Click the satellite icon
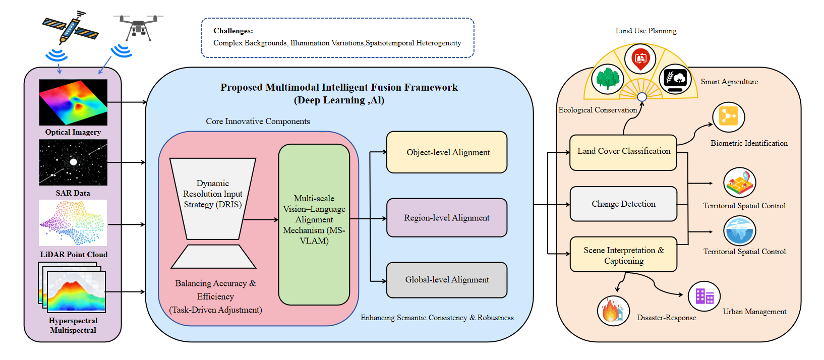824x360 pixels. click(x=70, y=27)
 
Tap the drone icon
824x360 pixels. click(x=138, y=27)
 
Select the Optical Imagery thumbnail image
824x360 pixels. click(x=73, y=102)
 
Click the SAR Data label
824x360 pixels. click(x=73, y=193)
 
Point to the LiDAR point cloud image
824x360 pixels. click(x=73, y=223)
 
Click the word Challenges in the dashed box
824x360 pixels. click(x=233, y=31)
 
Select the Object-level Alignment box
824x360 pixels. click(x=447, y=152)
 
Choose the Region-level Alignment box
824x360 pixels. click(x=447, y=218)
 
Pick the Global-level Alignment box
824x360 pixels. click(x=447, y=280)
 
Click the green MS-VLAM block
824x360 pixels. click(x=314, y=224)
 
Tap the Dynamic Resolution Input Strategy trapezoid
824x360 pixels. click(x=213, y=199)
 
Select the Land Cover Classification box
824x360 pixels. click(x=623, y=153)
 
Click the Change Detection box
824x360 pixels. click(x=623, y=204)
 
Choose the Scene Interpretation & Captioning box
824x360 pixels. click(x=623, y=255)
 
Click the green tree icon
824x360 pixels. click(x=608, y=79)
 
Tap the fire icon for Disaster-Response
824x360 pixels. click(x=613, y=311)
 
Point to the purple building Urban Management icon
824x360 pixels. click(x=704, y=296)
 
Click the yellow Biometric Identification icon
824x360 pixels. click(x=728, y=117)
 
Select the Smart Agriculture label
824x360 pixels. click(x=730, y=82)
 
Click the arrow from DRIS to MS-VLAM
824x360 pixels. click(x=260, y=220)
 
